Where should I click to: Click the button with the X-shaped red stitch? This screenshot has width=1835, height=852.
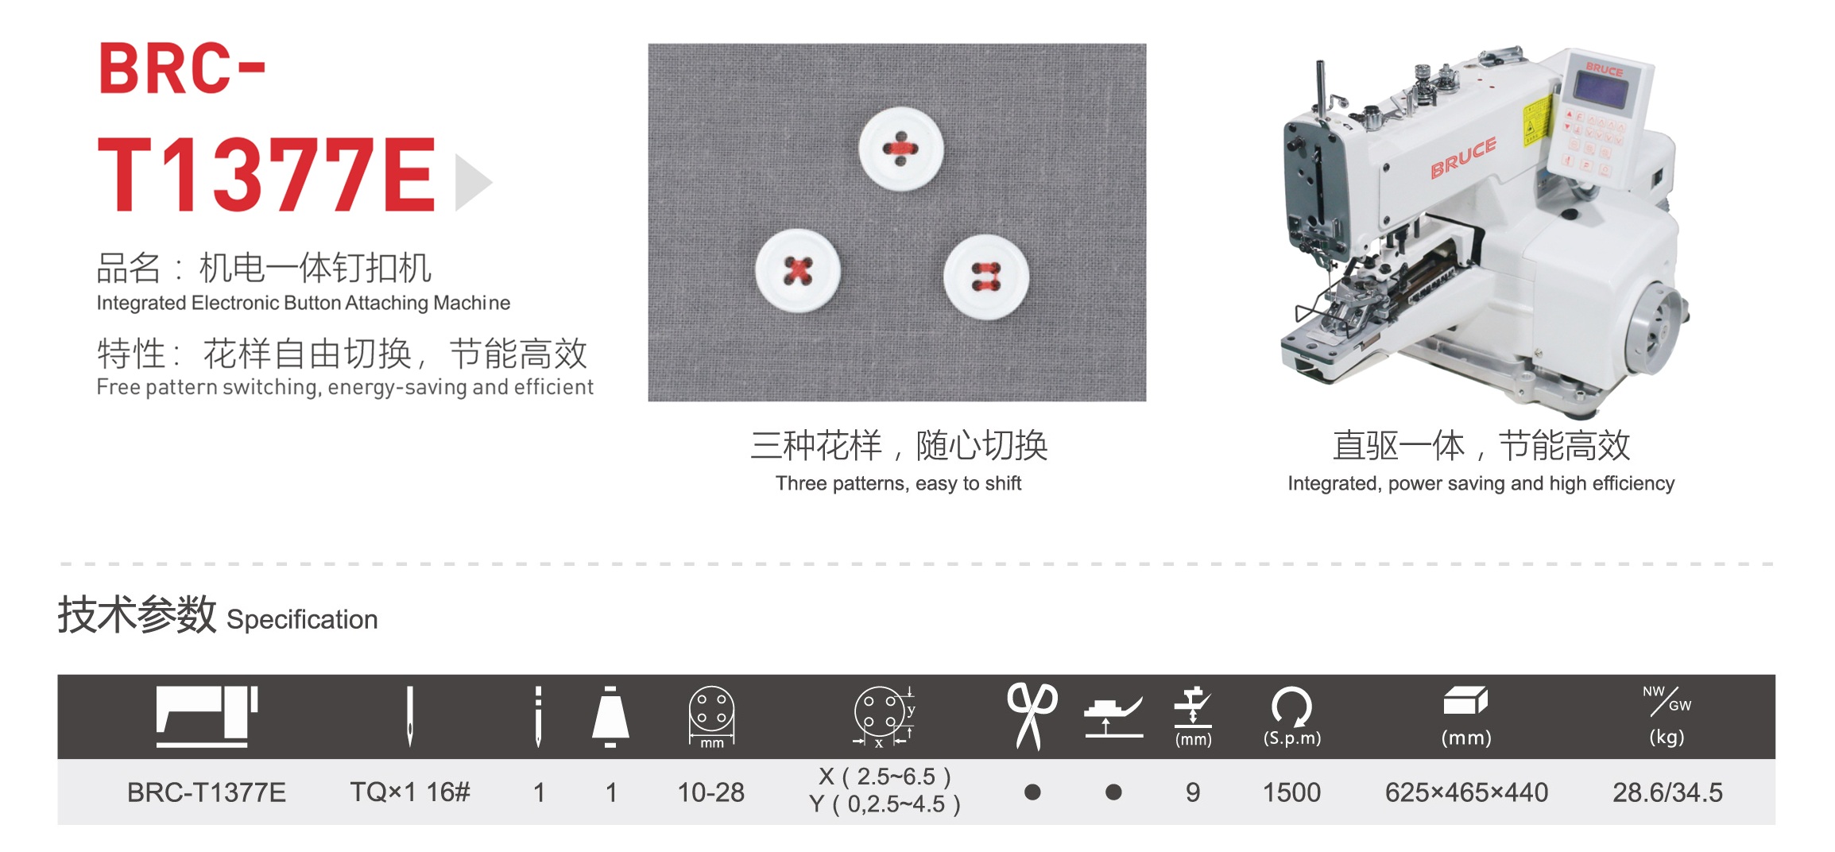tap(798, 270)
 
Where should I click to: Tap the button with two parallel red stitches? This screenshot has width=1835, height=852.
tap(986, 277)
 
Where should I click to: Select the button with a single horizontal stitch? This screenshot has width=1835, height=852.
tap(901, 149)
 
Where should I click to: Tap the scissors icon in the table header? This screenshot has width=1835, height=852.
tap(1032, 716)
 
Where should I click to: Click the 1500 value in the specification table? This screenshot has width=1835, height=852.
tap(1291, 792)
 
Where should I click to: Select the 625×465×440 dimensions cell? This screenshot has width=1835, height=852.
tap(1466, 792)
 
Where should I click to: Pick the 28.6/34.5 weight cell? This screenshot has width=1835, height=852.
tap(1667, 792)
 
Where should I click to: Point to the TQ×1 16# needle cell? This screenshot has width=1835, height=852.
tap(410, 792)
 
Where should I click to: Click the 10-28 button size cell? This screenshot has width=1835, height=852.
tap(710, 792)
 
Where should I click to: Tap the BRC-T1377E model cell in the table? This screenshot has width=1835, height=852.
tap(207, 792)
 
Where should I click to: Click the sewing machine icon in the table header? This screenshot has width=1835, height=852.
tap(207, 716)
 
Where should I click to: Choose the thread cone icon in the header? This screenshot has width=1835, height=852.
tap(610, 716)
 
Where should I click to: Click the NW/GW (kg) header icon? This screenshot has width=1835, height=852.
tap(1667, 716)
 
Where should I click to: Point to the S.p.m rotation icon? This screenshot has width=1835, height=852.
tap(1291, 716)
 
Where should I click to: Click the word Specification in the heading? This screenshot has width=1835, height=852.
tap(302, 620)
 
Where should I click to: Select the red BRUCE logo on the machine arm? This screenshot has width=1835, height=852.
tap(1463, 157)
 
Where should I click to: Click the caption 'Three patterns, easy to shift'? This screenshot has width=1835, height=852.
tap(898, 483)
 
